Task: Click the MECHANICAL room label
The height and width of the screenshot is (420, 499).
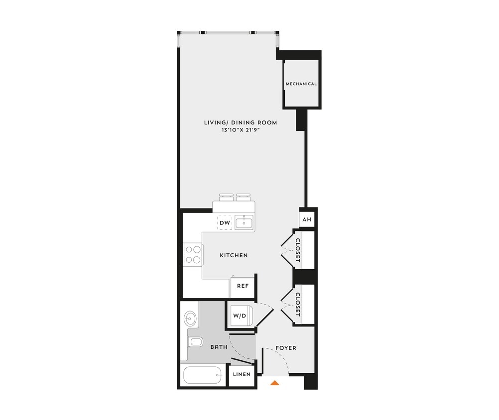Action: [x=301, y=84]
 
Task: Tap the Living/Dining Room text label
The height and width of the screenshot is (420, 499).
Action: [x=241, y=122]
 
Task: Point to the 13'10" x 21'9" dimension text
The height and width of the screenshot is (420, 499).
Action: [x=241, y=130]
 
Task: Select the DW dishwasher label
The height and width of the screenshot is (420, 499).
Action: [x=225, y=223]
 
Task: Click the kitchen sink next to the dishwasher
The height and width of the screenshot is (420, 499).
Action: [x=245, y=222]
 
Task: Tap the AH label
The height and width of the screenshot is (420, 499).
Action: [x=306, y=219]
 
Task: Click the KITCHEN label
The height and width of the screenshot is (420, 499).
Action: [x=234, y=255]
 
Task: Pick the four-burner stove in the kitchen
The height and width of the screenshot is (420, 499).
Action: [x=193, y=254]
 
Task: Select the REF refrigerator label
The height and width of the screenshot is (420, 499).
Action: [x=243, y=286]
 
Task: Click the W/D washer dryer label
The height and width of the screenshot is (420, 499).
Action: [x=239, y=315]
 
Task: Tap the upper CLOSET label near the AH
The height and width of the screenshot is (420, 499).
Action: [x=298, y=251]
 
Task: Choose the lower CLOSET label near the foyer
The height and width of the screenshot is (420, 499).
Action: [x=298, y=305]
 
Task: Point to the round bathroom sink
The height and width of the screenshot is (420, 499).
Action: [x=190, y=317]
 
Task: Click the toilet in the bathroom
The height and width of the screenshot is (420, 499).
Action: [x=195, y=342]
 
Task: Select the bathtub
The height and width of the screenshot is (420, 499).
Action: [x=203, y=375]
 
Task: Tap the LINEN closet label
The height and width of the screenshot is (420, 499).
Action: [x=242, y=374]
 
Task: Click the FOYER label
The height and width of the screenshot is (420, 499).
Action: [x=286, y=348]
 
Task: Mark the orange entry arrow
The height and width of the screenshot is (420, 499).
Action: [x=274, y=383]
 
